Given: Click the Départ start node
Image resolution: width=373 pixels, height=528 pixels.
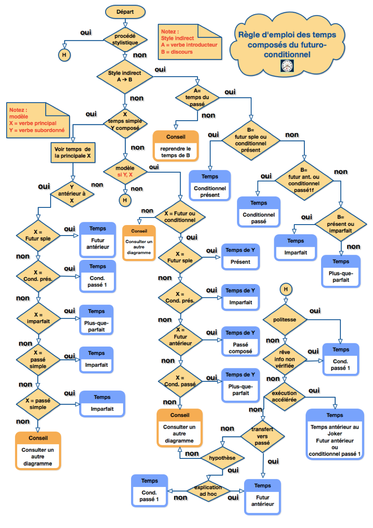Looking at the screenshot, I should click(125, 12).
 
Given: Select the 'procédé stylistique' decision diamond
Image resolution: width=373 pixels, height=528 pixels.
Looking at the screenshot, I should click(125, 39).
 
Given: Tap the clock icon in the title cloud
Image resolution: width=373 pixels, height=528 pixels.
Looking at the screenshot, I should click(287, 66).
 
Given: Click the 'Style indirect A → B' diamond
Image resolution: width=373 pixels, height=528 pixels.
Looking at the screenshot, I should click(125, 76).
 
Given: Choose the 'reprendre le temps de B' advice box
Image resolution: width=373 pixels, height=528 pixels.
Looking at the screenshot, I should click(176, 145).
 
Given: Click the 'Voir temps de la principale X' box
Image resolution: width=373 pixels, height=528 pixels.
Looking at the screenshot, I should click(73, 153).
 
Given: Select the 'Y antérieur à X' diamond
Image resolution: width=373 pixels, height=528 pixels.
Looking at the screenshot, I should click(72, 194).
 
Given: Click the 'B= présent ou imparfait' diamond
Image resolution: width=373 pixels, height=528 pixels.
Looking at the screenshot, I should click(340, 224).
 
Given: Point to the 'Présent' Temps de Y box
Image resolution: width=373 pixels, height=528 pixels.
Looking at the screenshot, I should click(240, 257).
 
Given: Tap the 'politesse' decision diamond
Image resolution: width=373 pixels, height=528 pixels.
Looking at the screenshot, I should click(285, 320).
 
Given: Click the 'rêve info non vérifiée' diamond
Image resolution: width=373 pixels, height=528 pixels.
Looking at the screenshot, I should click(285, 359).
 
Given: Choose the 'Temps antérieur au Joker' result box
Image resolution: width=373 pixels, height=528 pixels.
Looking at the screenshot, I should click(334, 434).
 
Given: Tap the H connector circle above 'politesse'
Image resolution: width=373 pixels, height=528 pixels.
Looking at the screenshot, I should click(286, 289).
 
